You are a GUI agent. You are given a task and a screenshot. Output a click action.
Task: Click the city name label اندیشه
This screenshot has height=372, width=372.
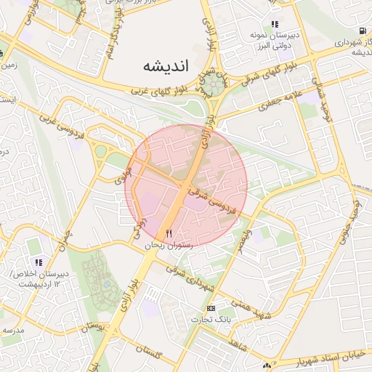166,65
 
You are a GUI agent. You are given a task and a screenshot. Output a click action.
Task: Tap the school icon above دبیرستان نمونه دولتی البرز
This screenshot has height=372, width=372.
275,24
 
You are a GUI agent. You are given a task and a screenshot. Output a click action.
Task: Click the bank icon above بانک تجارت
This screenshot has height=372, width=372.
211,308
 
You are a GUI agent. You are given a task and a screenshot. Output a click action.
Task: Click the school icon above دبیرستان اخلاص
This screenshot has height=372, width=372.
39,262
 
